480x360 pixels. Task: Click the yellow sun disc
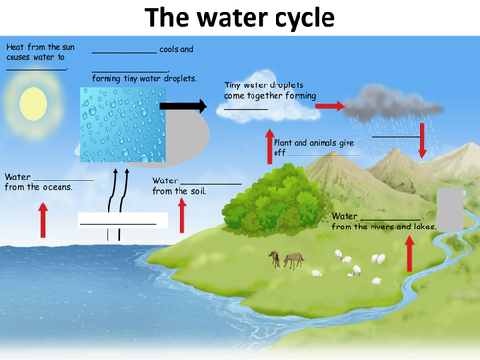pyautogui.click(x=34, y=104)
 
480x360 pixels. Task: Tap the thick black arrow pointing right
pyautogui.click(x=183, y=106)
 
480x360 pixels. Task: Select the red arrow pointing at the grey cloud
pyautogui.click(x=329, y=106)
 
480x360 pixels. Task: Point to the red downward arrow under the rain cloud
pyautogui.click(x=422, y=141)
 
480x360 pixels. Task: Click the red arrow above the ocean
pyautogui.click(x=43, y=220)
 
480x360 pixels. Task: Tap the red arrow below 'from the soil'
pyautogui.click(x=182, y=215)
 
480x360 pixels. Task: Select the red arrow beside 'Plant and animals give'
pyautogui.click(x=270, y=146)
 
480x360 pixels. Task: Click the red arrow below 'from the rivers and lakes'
pyautogui.click(x=409, y=253)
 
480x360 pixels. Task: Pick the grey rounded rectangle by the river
pyautogui.click(x=449, y=210)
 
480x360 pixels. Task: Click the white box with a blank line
pyautogui.click(x=123, y=221)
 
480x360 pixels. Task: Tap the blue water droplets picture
pyautogui.click(x=123, y=125)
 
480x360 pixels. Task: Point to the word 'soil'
pyautogui.click(x=199, y=191)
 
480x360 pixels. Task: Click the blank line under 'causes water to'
pyautogui.click(x=36, y=69)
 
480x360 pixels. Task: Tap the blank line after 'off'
pyautogui.click(x=324, y=156)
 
